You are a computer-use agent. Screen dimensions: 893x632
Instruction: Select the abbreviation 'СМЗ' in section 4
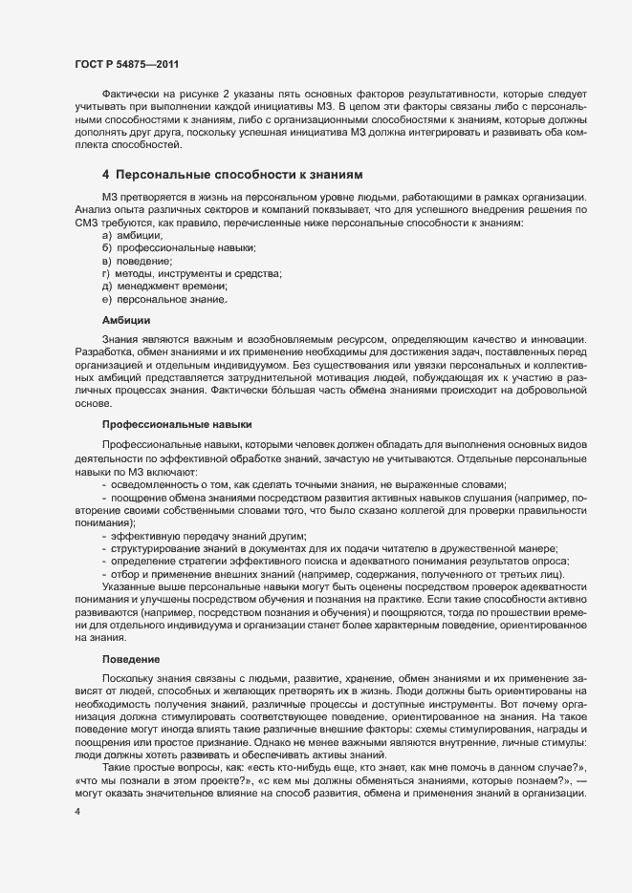click(82, 222)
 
